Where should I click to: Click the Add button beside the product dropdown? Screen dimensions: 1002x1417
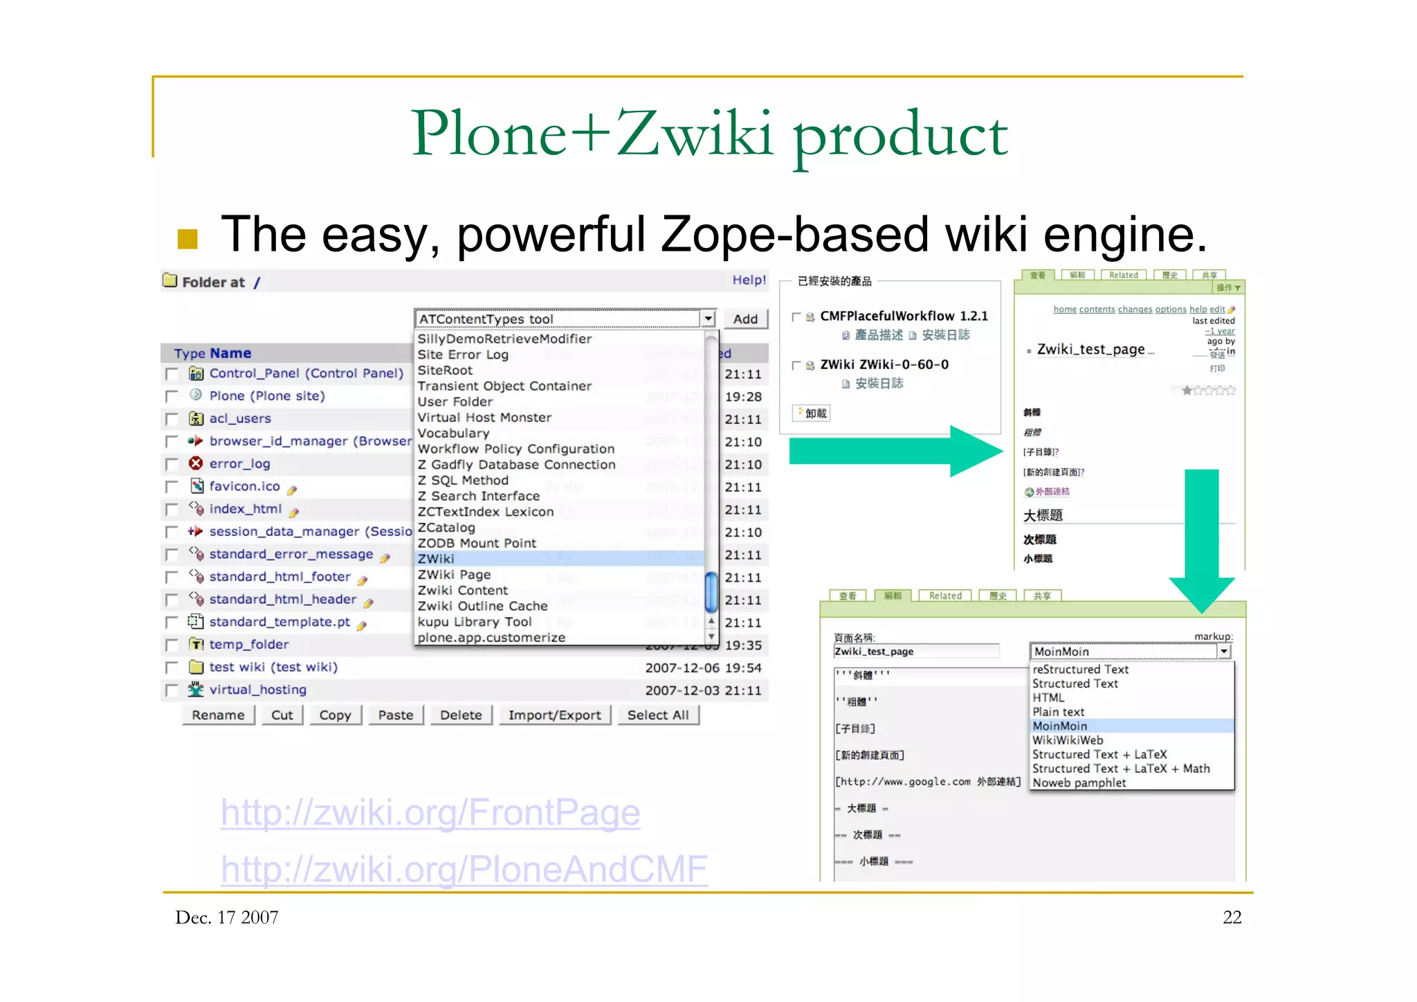coord(745,319)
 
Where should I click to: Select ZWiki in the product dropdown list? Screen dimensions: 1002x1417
coord(437,559)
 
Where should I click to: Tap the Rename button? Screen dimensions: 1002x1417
coord(218,715)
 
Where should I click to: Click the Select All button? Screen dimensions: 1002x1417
coord(657,715)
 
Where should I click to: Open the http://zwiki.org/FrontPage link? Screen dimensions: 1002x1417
coord(430,813)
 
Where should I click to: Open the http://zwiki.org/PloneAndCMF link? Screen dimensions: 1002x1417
coord(464,870)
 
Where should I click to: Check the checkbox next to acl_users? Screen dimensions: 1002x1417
coord(172,420)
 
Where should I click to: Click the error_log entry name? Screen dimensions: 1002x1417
coord(239,464)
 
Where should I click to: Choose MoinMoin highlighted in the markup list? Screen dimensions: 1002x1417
coord(1060,726)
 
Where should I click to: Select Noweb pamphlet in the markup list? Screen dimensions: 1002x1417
coord(1079,783)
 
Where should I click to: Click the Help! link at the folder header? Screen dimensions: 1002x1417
coord(749,280)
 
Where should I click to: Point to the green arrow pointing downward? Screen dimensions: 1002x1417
coord(1202,540)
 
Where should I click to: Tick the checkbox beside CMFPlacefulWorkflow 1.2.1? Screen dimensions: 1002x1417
coord(796,317)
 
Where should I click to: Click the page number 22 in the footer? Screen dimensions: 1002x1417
coord(1232,918)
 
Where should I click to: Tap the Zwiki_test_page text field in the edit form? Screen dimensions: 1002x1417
coord(915,652)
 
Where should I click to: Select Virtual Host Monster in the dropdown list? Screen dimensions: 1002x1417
coord(484,418)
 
